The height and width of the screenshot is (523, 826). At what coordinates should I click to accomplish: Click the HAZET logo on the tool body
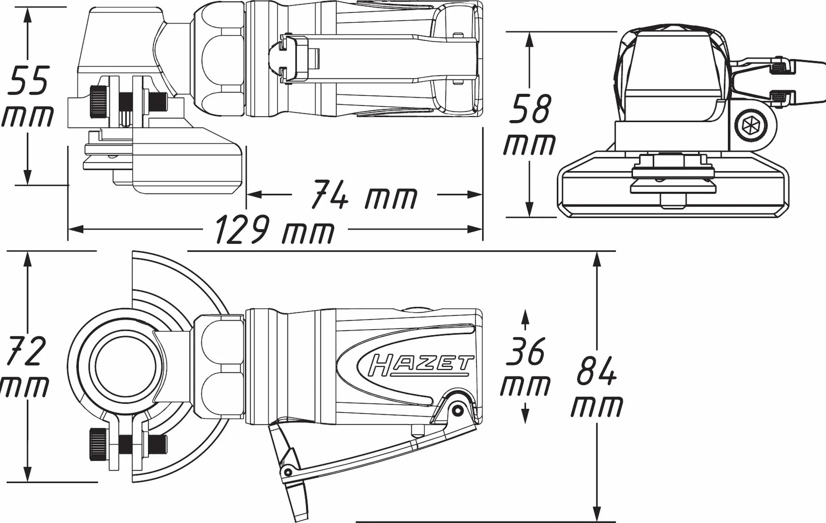pos(421,365)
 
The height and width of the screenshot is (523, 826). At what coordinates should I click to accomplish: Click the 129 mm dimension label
pos(275,230)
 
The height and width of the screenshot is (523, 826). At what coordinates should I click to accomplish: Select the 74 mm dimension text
pos(365,195)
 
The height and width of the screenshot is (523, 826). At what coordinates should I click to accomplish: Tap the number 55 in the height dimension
pos(28,80)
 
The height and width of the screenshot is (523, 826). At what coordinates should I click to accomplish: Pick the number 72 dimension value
pos(26,351)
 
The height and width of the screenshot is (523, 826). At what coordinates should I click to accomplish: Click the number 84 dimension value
pos(596,370)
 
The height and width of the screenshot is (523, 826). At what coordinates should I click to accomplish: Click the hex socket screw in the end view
pos(751,125)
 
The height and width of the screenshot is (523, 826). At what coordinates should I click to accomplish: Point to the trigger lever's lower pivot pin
pos(288,471)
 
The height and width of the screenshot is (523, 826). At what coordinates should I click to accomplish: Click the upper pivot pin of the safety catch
pos(457,409)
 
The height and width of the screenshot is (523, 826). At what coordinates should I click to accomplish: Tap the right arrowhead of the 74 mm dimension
pos(475,194)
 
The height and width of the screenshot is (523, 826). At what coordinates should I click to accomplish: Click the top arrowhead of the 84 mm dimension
pos(597,259)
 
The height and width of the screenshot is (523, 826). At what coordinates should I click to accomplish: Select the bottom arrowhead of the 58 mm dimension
pos(530,209)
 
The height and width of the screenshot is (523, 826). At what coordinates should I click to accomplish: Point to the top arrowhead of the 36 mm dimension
pos(525,316)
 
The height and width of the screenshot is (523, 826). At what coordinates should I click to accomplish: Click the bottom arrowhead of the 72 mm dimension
pos(28,474)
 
